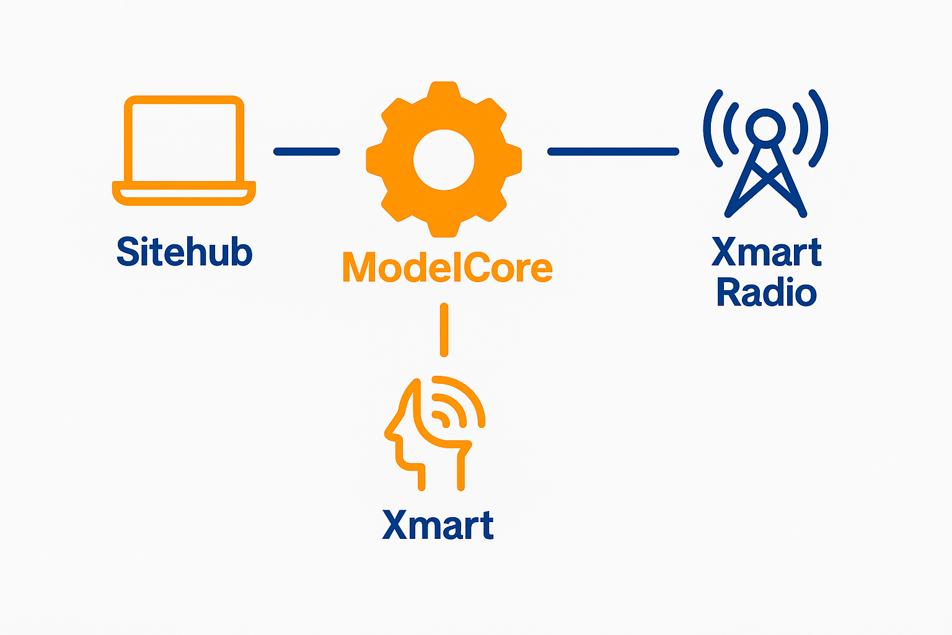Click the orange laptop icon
pos(184,150)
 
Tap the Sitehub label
pos(184,252)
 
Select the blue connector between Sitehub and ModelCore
pos(307,151)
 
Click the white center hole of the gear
pos(444,159)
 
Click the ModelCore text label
pos(447,268)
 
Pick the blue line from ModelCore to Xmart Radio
pos(613,151)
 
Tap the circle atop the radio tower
pos(766,127)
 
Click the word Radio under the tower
pos(767,293)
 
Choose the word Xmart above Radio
pos(767,252)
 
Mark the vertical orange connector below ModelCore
pos(444,330)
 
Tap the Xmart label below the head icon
pos(438,526)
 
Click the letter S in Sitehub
pos(128,252)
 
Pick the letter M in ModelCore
pos(359,268)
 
